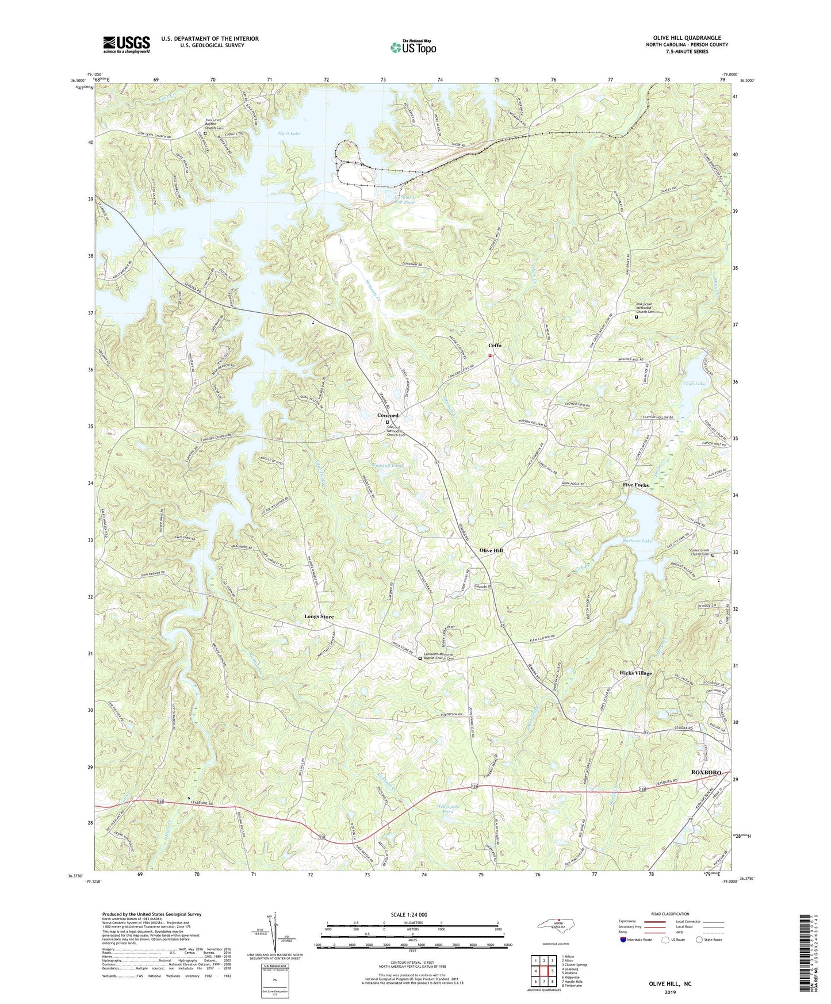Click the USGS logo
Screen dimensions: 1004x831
(x=127, y=44)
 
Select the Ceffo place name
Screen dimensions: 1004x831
(x=495, y=346)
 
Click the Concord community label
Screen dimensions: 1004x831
(x=388, y=415)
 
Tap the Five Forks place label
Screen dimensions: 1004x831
(x=635, y=485)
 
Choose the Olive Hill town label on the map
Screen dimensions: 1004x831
(x=491, y=550)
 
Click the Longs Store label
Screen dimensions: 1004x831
(x=319, y=616)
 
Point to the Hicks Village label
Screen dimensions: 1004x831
(x=635, y=673)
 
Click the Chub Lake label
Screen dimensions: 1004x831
(x=694, y=384)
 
